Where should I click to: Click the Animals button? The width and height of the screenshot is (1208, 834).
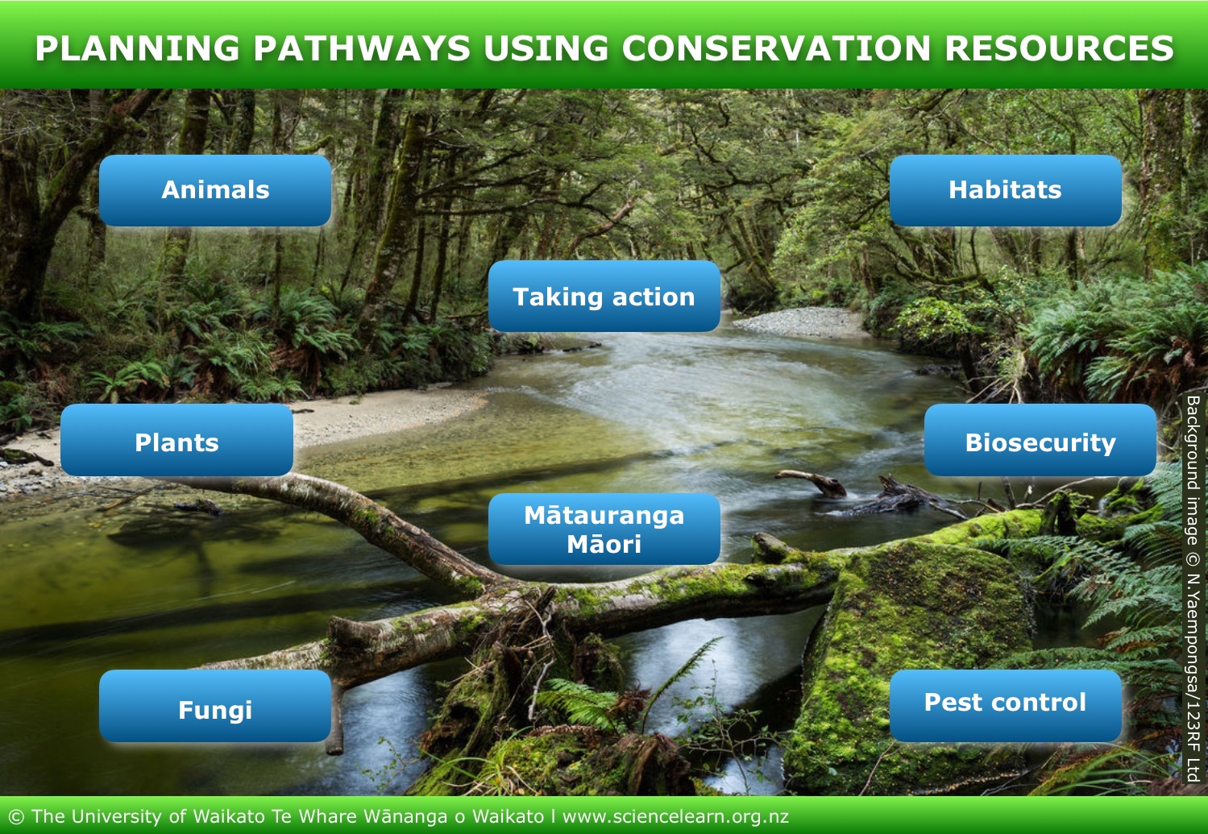click(215, 190)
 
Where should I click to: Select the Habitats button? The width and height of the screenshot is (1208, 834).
click(1005, 190)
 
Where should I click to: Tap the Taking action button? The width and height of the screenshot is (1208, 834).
click(604, 296)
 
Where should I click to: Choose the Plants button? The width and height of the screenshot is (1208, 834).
click(176, 440)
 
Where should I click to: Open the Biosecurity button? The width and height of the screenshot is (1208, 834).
click(1040, 440)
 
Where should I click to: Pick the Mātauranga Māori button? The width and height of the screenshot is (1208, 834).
click(604, 529)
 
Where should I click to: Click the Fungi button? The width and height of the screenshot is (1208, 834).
click(215, 706)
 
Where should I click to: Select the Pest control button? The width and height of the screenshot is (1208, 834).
click(1005, 706)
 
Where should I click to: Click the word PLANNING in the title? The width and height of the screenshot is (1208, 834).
click(138, 48)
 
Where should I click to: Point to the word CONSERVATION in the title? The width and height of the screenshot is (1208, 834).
click(776, 48)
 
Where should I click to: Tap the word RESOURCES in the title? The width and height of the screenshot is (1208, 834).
click(1059, 48)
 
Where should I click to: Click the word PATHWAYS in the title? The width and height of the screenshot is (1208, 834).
click(362, 48)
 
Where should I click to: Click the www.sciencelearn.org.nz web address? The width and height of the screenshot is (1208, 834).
click(676, 816)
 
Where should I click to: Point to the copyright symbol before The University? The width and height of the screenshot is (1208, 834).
click(17, 817)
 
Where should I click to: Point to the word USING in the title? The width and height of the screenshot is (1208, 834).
click(546, 48)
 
